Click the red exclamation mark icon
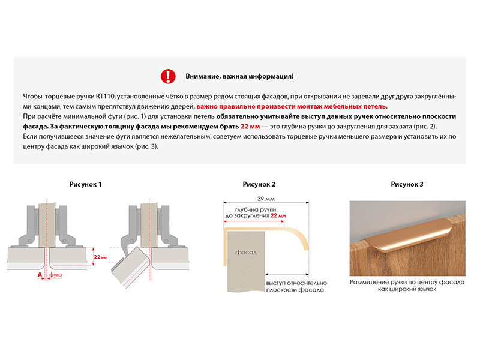(168, 76)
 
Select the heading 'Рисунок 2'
(259, 184)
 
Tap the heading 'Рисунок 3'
(407, 184)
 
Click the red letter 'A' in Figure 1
(40, 274)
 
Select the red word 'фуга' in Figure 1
(55, 274)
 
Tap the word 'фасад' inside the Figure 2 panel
(246, 253)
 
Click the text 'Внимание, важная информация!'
(239, 77)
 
